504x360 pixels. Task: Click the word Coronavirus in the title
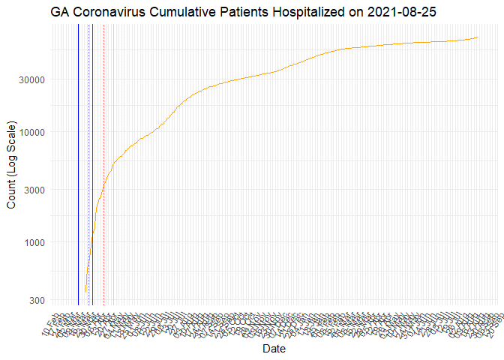(x=110, y=13)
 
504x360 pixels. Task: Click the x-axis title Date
(x=274, y=349)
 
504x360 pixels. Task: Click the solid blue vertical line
(x=78, y=165)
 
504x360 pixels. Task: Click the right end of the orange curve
(x=478, y=37)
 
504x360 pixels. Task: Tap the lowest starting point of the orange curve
(x=85, y=292)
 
